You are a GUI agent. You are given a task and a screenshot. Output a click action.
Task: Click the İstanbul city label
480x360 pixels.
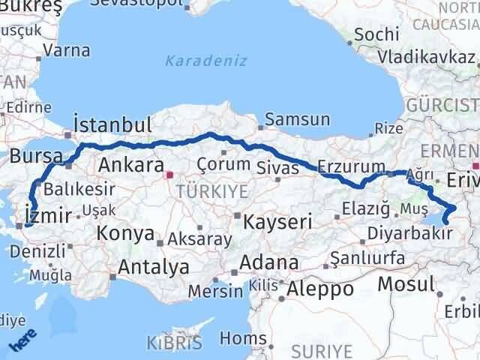click(x=113, y=124)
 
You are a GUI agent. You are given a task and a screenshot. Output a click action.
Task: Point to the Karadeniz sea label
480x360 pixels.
click(x=205, y=61)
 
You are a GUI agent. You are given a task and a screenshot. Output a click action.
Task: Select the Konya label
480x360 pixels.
click(x=125, y=233)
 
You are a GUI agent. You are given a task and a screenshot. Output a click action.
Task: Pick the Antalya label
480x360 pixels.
click(x=154, y=266)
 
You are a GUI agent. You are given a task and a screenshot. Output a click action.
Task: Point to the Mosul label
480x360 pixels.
click(x=406, y=283)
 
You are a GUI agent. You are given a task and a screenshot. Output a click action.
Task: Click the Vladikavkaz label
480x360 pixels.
click(x=425, y=55)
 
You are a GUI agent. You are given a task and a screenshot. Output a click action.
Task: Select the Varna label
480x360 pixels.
click(x=67, y=51)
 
